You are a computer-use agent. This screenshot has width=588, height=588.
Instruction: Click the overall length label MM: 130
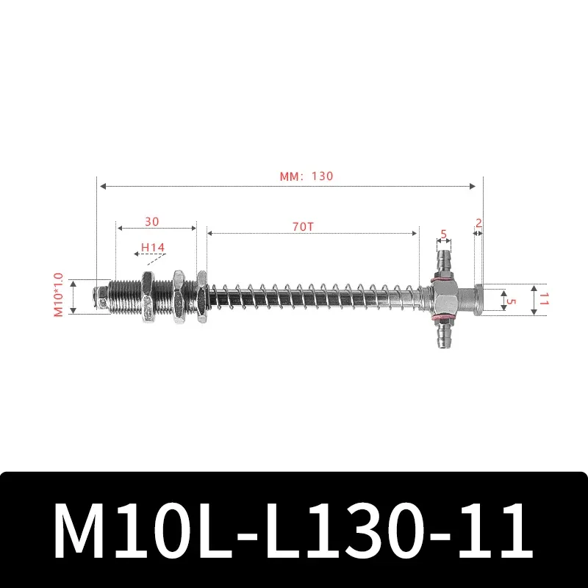tap(306, 176)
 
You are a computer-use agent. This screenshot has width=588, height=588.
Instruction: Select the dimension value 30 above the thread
tap(152, 220)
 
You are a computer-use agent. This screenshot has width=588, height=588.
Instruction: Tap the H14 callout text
tap(154, 248)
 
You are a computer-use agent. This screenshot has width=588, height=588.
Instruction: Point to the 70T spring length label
tap(303, 226)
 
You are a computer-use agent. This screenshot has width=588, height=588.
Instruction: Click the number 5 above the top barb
tap(442, 234)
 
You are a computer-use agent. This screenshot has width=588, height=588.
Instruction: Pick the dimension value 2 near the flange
tap(478, 222)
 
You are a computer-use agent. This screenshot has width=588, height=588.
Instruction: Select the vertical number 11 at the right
tap(545, 299)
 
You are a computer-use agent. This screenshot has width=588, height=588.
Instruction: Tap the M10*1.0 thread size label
tap(59, 295)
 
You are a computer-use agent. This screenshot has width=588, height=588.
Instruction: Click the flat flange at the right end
tap(478, 299)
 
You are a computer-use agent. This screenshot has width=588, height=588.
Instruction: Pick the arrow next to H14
tap(140, 254)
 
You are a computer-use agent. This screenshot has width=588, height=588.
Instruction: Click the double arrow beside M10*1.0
tap(73, 296)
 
